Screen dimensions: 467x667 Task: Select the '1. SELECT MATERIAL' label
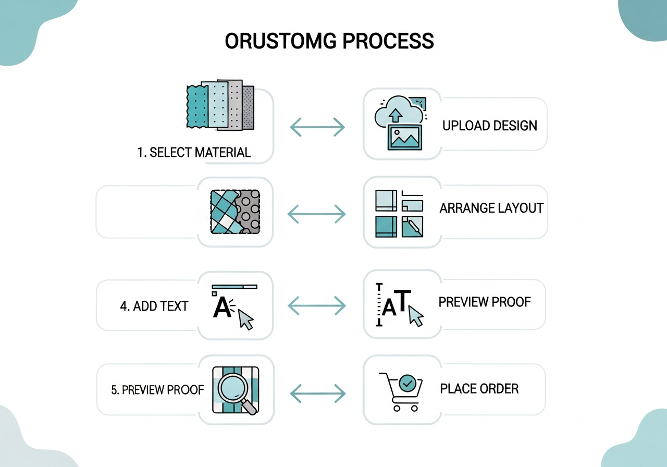pos(194,153)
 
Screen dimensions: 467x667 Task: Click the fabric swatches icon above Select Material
pos(220,106)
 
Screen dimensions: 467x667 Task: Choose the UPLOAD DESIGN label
pos(489,126)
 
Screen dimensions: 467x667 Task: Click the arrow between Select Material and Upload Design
pos(317,127)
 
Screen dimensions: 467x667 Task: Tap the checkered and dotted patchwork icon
pos(234,211)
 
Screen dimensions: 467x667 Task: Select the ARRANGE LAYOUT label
pos(491,208)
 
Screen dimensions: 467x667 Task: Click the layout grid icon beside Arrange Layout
pos(399,213)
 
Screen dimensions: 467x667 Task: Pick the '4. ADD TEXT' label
pos(154,306)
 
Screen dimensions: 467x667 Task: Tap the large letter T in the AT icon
pos(403,301)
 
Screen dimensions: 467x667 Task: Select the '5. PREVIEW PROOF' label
pos(157,390)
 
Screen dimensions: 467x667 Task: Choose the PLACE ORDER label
pos(479,388)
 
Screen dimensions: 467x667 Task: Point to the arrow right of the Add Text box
pos(317,306)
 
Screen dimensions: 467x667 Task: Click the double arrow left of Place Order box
pos(317,394)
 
